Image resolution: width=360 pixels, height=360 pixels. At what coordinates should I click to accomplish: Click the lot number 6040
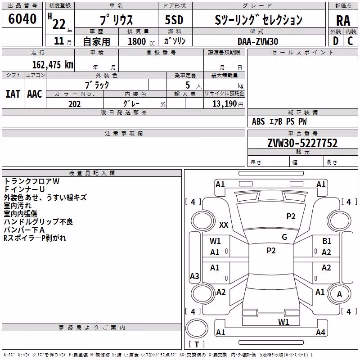coord(22,19)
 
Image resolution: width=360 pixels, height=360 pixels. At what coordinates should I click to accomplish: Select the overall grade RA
coord(343,21)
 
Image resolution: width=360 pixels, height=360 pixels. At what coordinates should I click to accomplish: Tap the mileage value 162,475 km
coord(53,65)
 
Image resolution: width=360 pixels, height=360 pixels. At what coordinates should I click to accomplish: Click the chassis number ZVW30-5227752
coord(302,143)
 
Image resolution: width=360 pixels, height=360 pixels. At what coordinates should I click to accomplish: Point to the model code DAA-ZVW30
coord(258,41)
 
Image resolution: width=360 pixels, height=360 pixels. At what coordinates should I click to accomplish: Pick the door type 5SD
coord(174,20)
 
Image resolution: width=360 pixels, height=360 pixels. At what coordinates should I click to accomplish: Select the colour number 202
coord(75,104)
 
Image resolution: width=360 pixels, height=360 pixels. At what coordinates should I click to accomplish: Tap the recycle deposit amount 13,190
coord(225,104)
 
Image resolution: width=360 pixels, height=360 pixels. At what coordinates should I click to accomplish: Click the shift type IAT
coord(13,94)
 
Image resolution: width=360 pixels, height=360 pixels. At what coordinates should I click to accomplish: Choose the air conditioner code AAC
coord(35,94)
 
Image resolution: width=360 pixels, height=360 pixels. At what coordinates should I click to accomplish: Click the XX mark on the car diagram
coord(224,225)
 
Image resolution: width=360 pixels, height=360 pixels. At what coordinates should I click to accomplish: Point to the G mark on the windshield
coord(284,237)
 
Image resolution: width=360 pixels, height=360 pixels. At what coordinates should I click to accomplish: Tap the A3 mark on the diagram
coord(194,276)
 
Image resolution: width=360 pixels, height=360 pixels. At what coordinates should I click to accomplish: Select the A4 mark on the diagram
coord(320,332)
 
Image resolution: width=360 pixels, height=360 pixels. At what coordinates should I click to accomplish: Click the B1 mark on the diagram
coord(327,241)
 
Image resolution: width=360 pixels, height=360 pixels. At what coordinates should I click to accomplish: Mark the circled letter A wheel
coord(339,294)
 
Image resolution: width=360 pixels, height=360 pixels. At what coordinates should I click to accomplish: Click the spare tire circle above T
coord(197,328)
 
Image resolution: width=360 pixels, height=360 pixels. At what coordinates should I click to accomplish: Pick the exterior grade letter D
coord(336,41)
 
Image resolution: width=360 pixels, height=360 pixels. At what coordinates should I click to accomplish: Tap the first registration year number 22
coord(59,24)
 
